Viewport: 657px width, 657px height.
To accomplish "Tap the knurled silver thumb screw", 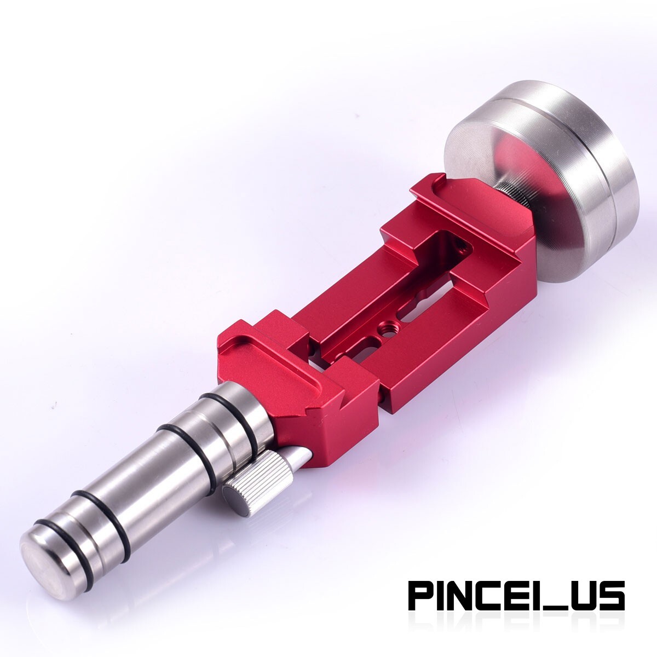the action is [258, 474].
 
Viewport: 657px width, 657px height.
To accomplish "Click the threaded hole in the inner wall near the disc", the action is [462, 244].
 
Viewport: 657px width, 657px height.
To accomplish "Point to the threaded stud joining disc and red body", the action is [511, 198].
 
